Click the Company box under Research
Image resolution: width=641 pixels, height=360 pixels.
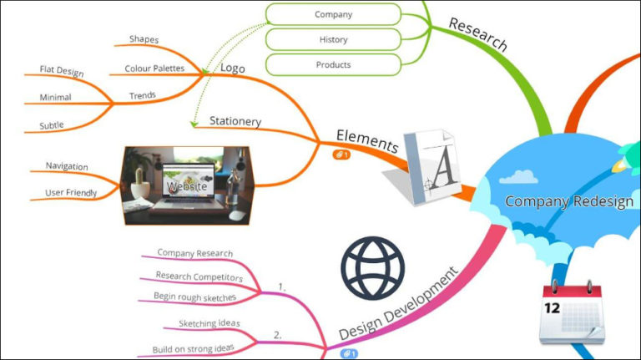[x=333, y=14]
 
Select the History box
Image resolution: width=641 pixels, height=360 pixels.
[x=333, y=39]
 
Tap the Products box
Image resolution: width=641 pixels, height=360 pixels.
[x=333, y=64]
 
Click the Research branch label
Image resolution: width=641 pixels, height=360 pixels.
[x=477, y=34]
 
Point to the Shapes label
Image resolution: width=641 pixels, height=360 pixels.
[x=144, y=39]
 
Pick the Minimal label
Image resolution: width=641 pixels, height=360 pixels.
[x=55, y=98]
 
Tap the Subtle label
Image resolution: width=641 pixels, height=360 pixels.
[x=51, y=125]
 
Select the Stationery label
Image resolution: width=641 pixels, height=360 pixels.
[x=235, y=121]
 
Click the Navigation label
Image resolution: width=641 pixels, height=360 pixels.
[x=67, y=166]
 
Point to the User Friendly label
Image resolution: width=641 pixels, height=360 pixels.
[x=71, y=193]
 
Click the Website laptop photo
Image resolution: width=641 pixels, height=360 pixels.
[x=185, y=185]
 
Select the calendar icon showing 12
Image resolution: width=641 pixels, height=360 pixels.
[x=572, y=312]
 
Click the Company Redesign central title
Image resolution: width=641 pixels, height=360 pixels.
[x=569, y=201]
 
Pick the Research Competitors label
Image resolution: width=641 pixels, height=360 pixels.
[x=199, y=277]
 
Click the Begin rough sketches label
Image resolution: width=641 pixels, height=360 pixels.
[x=194, y=297]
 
